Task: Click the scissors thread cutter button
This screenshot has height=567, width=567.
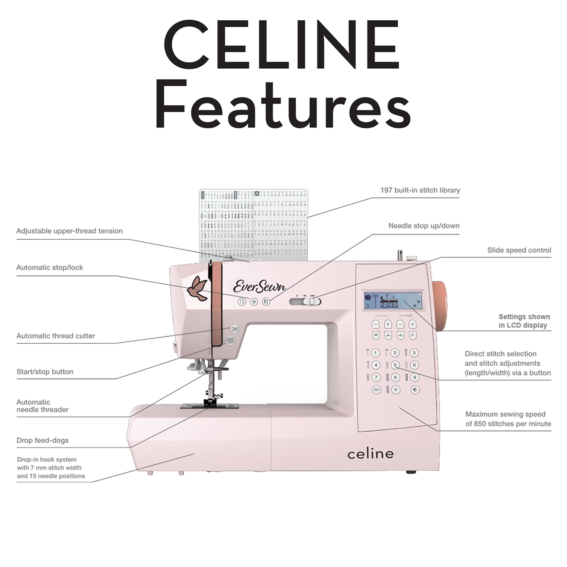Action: click(x=235, y=329)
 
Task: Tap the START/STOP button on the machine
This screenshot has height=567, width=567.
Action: click(x=230, y=341)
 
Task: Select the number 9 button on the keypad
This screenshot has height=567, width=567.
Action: click(x=414, y=377)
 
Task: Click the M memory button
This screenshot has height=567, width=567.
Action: click(x=376, y=335)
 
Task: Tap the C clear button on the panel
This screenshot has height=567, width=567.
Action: click(x=412, y=335)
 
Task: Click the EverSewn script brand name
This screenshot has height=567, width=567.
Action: click(x=259, y=286)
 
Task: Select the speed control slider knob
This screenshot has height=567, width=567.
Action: click(x=308, y=301)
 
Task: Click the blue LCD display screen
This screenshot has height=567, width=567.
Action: click(x=393, y=301)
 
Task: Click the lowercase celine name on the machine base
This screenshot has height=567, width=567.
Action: click(x=370, y=454)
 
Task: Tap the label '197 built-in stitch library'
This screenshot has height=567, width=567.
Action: click(x=420, y=190)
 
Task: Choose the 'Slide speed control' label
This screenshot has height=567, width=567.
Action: click(x=519, y=250)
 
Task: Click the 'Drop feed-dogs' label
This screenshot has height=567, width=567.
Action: click(x=43, y=440)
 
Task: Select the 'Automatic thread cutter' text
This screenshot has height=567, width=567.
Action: click(x=56, y=336)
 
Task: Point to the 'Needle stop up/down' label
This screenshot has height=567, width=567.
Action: click(x=424, y=226)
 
